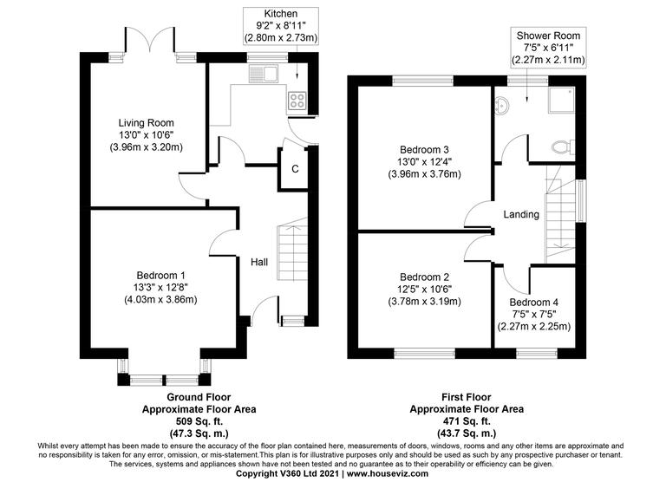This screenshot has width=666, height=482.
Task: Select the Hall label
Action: tap(259, 263)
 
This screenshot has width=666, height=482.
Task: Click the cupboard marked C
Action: tap(295, 168)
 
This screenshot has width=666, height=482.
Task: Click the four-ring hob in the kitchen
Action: tap(297, 99)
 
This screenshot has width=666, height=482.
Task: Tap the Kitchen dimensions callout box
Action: tap(282, 27)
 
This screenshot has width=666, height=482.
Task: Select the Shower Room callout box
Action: tap(550, 47)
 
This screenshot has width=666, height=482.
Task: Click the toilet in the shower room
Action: tap(561, 146)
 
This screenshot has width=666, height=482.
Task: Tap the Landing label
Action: tap(521, 214)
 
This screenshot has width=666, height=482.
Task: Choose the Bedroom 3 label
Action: tap(424, 147)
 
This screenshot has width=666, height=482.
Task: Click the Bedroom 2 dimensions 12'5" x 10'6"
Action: tap(424, 289)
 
